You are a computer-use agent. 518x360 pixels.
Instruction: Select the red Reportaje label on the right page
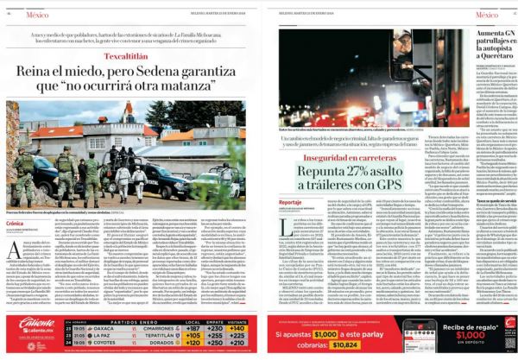pos(292,201)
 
